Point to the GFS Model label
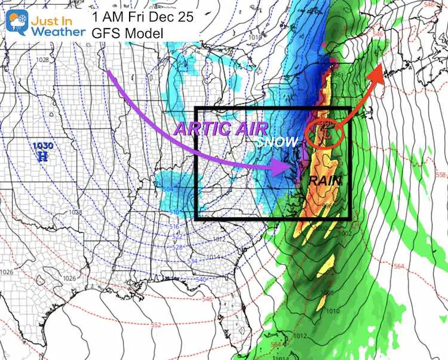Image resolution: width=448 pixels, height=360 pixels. click(127, 33)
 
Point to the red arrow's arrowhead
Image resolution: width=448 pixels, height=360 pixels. click(378, 72)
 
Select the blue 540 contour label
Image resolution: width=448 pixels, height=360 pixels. click(201, 280)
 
